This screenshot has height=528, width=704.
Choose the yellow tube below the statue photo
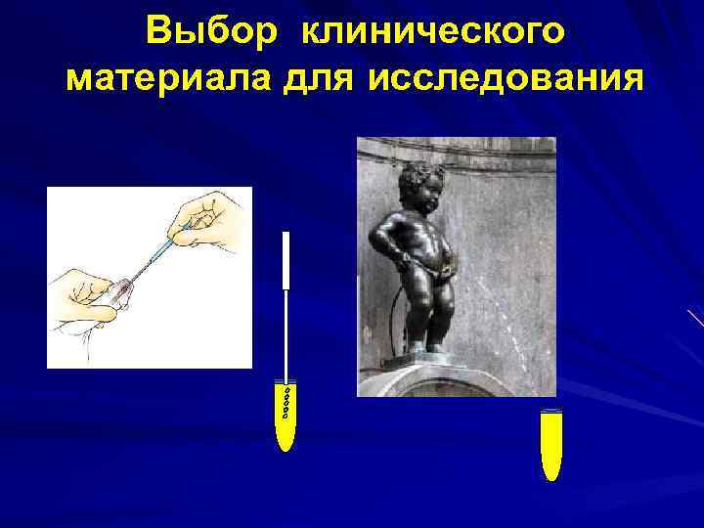(x=551, y=445)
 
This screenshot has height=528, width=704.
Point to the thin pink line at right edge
(x=696, y=318)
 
